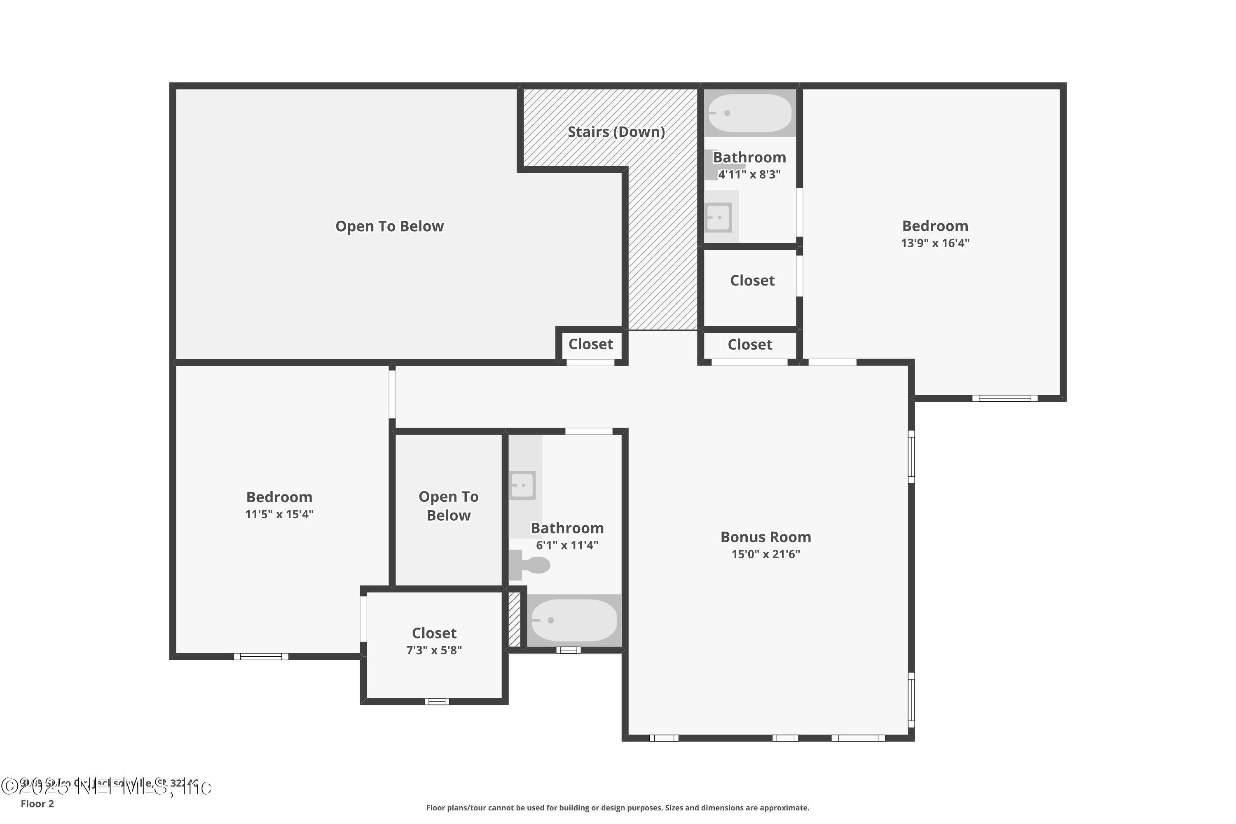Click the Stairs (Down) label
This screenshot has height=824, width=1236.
pyautogui.click(x=616, y=132)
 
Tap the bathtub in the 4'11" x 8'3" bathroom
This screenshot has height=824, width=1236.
pyautogui.click(x=749, y=113)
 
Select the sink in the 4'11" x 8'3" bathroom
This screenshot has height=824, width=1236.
pyautogui.click(x=719, y=217)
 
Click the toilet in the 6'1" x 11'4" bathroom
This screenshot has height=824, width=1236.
pyautogui.click(x=531, y=565)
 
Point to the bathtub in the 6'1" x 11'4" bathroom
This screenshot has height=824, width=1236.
pyautogui.click(x=574, y=620)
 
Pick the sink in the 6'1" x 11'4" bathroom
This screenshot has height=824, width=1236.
pyautogui.click(x=522, y=485)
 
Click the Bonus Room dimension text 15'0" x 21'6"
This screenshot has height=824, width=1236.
pyautogui.click(x=765, y=554)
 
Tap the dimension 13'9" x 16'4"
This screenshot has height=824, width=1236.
pyautogui.click(x=935, y=243)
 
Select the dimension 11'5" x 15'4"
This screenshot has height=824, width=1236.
pyautogui.click(x=279, y=514)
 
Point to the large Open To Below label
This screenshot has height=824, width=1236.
pyautogui.click(x=389, y=227)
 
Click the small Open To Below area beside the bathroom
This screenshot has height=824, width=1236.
pyautogui.click(x=448, y=506)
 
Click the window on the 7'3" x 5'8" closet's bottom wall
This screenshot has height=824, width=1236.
pyautogui.click(x=437, y=701)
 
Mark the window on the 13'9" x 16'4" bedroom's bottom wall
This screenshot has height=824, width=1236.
pyautogui.click(x=1004, y=398)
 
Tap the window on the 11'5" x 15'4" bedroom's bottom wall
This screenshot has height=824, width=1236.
pyautogui.click(x=261, y=656)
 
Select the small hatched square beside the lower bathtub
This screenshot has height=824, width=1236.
pyautogui.click(x=515, y=620)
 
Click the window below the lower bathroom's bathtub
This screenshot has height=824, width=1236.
pyautogui.click(x=568, y=650)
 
